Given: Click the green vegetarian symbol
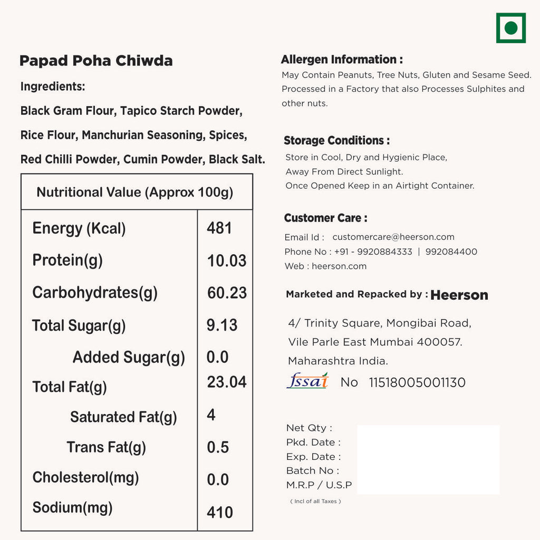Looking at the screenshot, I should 510,28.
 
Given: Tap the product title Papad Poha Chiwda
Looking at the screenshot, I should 96,61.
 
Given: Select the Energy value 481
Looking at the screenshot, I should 219,228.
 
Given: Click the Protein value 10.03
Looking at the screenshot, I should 227,261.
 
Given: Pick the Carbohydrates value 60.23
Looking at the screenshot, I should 227,293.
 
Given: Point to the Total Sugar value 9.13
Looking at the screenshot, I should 222,325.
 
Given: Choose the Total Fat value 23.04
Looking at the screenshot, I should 227,382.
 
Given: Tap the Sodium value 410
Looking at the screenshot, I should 220,512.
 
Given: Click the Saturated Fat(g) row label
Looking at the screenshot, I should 123,417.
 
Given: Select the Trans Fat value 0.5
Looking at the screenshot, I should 218,447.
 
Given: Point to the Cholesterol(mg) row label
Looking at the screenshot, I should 85,478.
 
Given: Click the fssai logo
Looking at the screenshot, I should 307,381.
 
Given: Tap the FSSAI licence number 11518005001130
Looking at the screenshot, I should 417,383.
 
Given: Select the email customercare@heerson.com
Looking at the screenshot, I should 393,237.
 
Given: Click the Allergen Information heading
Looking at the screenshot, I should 342,60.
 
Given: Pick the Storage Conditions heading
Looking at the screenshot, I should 336,141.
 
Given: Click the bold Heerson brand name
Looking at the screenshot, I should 459,295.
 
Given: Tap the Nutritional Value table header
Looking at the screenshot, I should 135,192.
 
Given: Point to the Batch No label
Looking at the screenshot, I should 313,471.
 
